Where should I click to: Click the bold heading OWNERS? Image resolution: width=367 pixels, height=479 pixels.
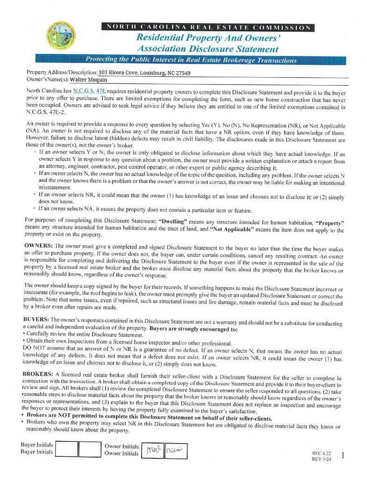38,246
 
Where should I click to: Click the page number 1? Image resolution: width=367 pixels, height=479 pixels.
343,455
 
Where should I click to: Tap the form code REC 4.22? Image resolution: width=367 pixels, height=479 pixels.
321,453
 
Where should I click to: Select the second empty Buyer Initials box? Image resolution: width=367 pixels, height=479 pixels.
89,449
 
